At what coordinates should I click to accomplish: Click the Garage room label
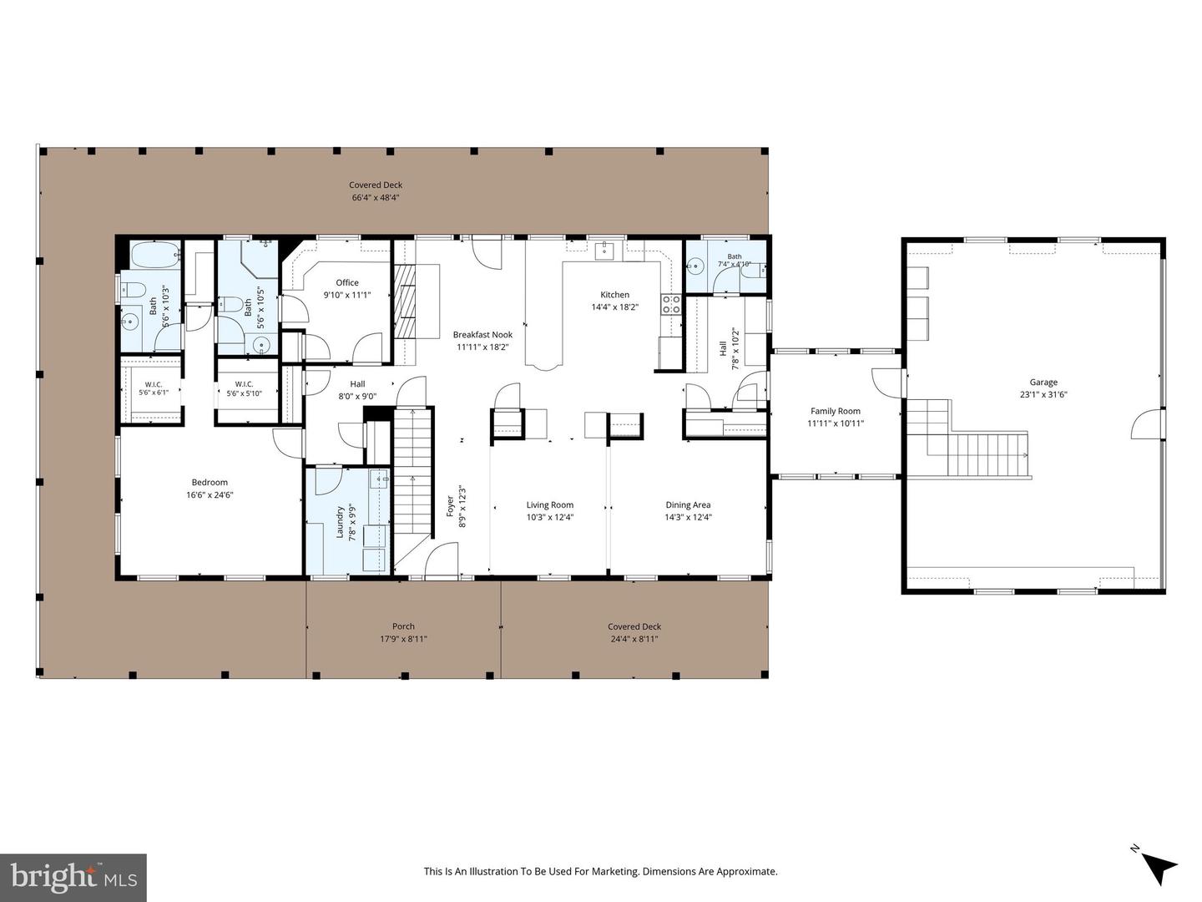(1043, 383)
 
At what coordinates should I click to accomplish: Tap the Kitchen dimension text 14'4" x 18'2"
(614, 307)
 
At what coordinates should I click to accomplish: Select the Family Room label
(835, 411)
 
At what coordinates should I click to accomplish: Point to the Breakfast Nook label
(482, 335)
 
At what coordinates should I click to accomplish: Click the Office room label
(347, 282)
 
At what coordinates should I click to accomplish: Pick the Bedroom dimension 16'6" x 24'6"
(210, 494)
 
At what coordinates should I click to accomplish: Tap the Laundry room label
(340, 522)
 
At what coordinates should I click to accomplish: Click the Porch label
(403, 626)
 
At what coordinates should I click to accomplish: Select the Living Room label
(550, 505)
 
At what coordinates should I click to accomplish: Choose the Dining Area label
(688, 505)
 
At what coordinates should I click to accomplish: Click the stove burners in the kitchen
(671, 305)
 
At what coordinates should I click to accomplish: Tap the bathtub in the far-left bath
(155, 255)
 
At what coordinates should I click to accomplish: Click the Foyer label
(450, 507)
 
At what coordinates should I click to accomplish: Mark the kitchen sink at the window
(604, 251)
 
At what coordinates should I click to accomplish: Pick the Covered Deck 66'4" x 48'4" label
(376, 191)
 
